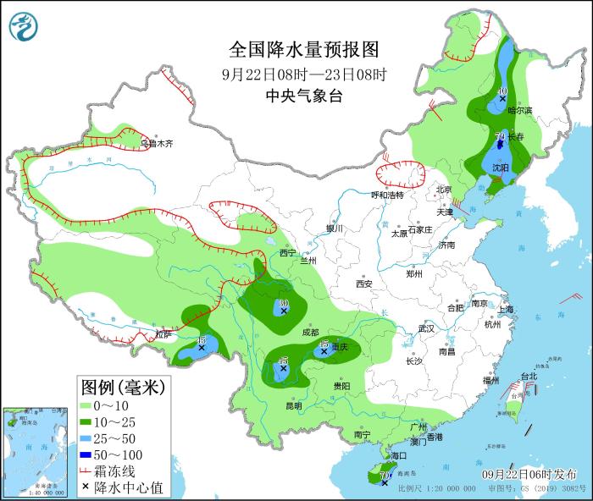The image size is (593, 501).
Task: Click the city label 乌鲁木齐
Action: pos(158,144)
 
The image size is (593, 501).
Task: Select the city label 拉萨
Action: pos(163,334)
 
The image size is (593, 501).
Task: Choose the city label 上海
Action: pos(507,310)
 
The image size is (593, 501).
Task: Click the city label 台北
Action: pos(529,376)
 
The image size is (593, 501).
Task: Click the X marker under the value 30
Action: pos(283,311)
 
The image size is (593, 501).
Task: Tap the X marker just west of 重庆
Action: pos(324,350)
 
